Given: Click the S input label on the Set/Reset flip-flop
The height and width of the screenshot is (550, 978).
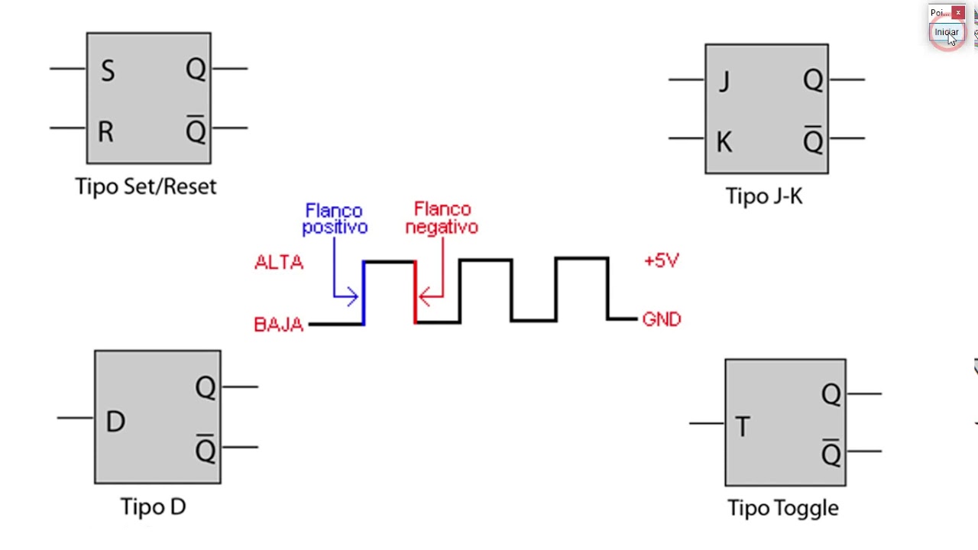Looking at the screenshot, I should point(108,72).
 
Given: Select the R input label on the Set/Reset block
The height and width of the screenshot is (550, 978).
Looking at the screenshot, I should point(105,132).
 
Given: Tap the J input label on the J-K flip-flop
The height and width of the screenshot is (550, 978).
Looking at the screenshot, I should point(724,82).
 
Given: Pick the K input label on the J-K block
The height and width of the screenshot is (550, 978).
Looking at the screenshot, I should point(724,142).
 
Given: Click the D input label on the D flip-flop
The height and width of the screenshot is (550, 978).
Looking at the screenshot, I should point(115,422).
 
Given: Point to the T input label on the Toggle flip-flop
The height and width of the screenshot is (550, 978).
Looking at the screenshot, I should point(742,427).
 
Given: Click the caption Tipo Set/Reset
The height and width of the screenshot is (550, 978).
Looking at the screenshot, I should point(146,186).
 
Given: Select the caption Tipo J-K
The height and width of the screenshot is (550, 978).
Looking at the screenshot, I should point(764,196).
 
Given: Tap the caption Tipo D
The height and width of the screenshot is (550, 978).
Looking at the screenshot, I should point(153,506).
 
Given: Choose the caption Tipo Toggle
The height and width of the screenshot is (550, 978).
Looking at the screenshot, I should point(782,508).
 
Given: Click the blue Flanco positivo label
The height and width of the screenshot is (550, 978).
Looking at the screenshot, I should point(334,218).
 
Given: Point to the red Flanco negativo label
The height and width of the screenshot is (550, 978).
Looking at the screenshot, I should point(442,218).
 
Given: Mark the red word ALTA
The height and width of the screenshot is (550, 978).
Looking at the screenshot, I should point(279,263).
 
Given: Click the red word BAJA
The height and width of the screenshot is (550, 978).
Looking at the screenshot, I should point(279,325).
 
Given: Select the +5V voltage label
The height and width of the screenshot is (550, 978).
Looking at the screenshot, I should point(662,260).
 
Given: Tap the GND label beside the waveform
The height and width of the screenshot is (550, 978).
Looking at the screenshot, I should point(662,319).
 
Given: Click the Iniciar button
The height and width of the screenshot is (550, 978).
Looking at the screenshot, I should point(946,32).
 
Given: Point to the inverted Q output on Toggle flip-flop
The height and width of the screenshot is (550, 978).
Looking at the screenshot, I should point(831,454).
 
